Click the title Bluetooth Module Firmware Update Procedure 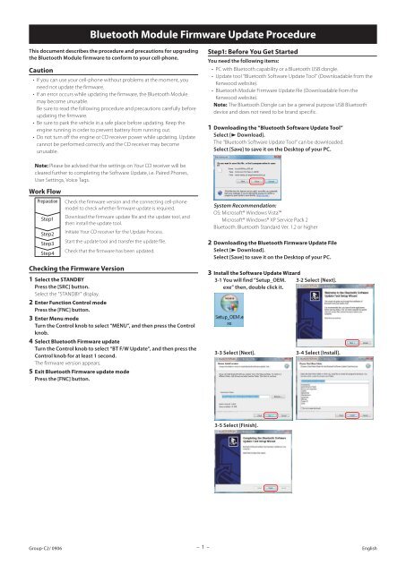click(x=203, y=36)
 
